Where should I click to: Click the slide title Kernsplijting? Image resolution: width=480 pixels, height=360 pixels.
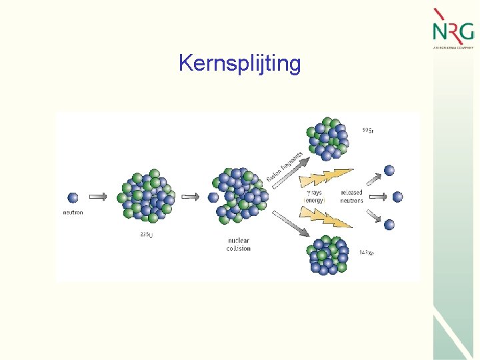(x=239, y=64)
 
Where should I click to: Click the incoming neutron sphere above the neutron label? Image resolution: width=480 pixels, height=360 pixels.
(x=73, y=197)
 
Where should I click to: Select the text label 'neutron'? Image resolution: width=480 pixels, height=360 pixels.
(x=73, y=213)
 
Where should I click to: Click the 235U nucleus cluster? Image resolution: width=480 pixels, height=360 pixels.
(x=145, y=197)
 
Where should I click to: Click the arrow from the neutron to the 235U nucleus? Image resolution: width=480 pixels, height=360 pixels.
(x=97, y=197)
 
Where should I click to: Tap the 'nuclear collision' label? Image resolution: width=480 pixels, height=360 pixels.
(x=238, y=244)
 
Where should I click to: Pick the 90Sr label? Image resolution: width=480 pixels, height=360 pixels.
(x=367, y=131)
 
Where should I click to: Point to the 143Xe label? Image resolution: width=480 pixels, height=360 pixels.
(x=366, y=253)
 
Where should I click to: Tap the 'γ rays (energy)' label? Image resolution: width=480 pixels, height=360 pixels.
(x=314, y=196)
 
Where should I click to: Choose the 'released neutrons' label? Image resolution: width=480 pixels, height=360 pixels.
(x=351, y=196)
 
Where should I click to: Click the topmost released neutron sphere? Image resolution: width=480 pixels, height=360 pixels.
(x=389, y=170)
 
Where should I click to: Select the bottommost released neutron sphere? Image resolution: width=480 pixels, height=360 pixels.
(x=389, y=225)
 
